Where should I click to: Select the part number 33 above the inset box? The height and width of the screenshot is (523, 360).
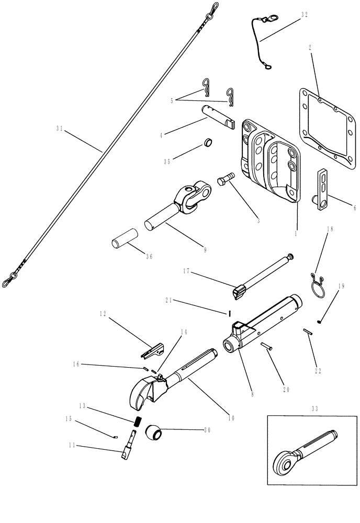[313, 407]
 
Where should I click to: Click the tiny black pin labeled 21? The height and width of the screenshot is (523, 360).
[229, 313]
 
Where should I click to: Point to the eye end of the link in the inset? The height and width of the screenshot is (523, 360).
[286, 465]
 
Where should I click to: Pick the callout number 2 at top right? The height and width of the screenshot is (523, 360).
[310, 47]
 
